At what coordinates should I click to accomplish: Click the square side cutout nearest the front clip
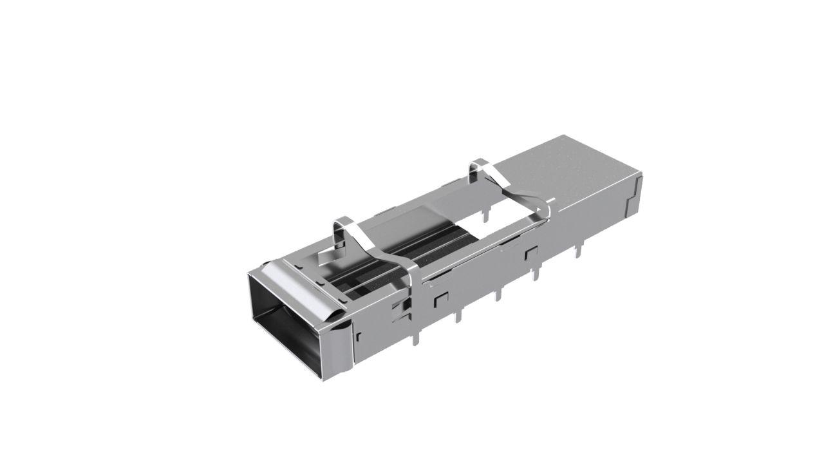(x=441, y=298)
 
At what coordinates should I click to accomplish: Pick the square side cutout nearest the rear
(x=531, y=252)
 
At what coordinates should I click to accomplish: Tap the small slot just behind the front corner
(x=359, y=336)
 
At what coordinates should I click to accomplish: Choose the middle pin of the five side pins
(x=498, y=295)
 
